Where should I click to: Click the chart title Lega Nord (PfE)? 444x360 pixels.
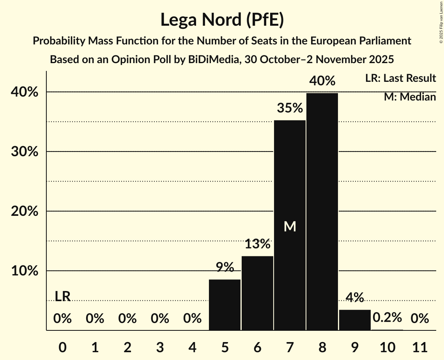[222, 19]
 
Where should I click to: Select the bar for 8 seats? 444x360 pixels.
[322, 212]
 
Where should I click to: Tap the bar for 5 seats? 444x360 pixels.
[225, 305]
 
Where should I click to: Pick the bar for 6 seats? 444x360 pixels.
[257, 293]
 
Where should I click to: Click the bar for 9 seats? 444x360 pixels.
[355, 320]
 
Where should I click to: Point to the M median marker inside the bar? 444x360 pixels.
[290, 226]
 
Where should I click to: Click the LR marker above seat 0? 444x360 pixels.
[62, 296]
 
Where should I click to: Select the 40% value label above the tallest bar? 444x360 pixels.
[322, 81]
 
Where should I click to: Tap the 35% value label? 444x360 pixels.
[290, 108]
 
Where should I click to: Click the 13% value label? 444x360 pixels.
[257, 244]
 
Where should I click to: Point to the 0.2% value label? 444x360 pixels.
[387, 318]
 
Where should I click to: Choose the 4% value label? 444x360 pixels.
[355, 298]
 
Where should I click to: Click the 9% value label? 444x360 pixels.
[225, 267]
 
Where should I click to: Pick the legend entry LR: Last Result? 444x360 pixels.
[400, 78]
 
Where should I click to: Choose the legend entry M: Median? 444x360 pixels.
[410, 97]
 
